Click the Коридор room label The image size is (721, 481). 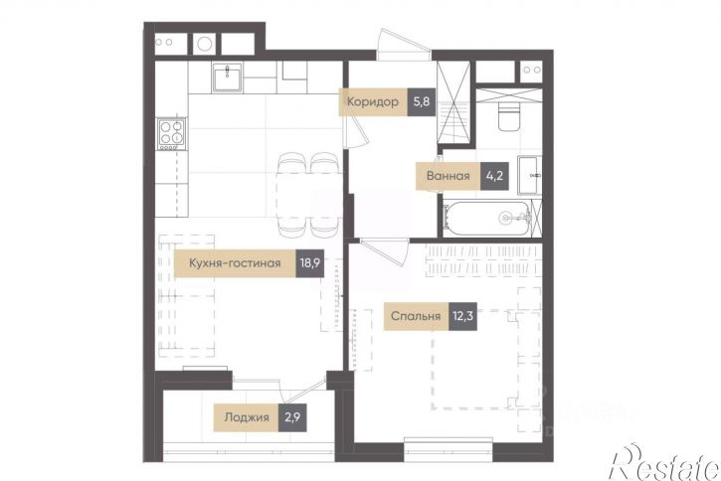pyautogui.click(x=373, y=101)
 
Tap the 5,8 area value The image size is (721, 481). pyautogui.click(x=422, y=101)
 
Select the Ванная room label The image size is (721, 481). pyautogui.click(x=448, y=176)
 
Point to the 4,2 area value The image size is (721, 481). pyautogui.click(x=494, y=176)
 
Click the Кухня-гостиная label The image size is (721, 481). pyautogui.click(x=235, y=263)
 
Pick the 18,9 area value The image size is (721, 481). pyautogui.click(x=310, y=263)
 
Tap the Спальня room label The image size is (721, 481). pyautogui.click(x=416, y=316)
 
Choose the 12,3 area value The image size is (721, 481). pyautogui.click(x=462, y=316)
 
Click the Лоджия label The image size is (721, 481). pyautogui.click(x=247, y=417)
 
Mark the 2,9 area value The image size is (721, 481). pyautogui.click(x=292, y=417)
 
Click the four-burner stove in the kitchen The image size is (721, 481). pyautogui.click(x=172, y=133)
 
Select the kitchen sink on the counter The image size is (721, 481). pyautogui.click(x=227, y=78)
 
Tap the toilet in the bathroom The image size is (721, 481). pyautogui.click(x=509, y=116)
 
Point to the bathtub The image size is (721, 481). pyautogui.click(x=488, y=219)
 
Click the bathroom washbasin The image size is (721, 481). pyautogui.click(x=529, y=175)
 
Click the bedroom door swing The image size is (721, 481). pyautogui.click(x=385, y=251)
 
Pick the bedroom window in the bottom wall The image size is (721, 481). pyautogui.click(x=449, y=444)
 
